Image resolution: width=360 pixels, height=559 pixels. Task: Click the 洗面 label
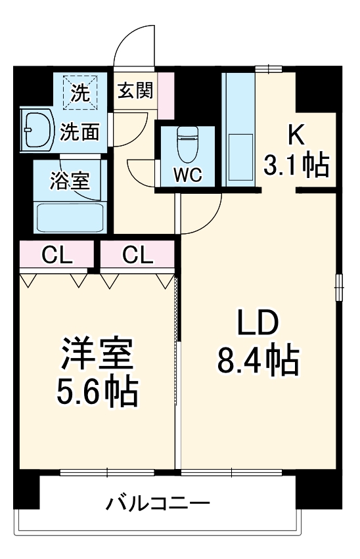80,132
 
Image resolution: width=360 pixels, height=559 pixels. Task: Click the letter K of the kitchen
296,135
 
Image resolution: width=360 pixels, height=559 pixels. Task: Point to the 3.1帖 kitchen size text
296,166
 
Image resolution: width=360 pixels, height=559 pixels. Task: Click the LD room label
258,323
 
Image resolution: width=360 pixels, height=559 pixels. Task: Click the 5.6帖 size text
99,392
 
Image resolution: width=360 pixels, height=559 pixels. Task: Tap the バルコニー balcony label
158,504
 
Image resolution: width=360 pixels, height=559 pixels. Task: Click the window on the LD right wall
339,287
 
